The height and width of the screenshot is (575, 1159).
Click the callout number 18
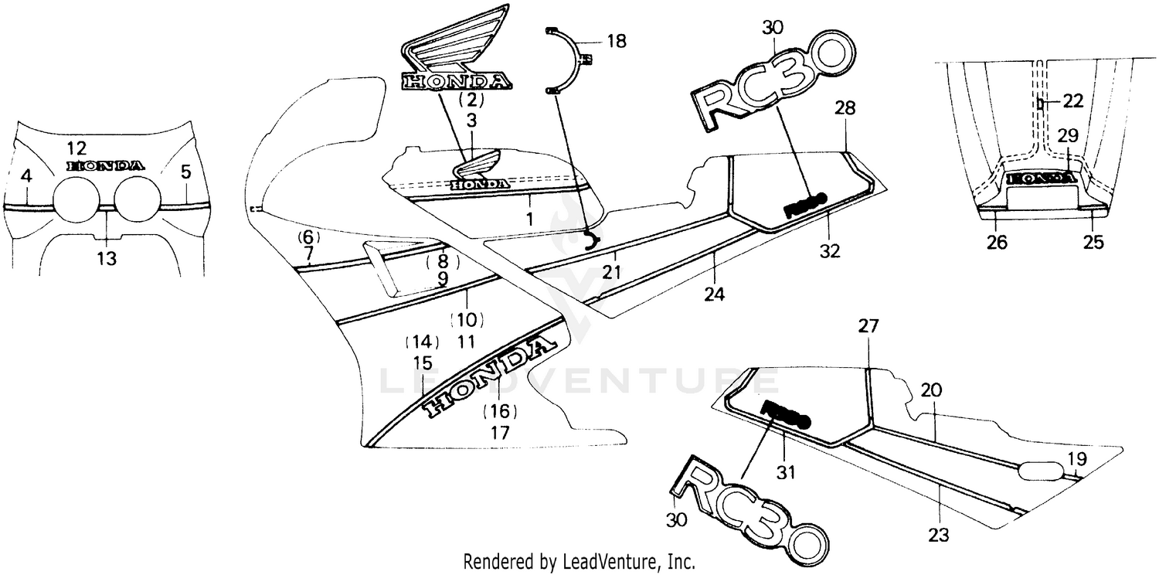[617, 42]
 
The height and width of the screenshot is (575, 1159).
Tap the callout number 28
[845, 109]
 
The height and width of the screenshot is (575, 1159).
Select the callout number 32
[831, 250]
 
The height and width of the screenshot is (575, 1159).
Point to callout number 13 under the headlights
[107, 259]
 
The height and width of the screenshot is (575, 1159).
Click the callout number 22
[1072, 100]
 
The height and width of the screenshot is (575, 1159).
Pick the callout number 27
[869, 326]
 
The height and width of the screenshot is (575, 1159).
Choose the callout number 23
[940, 534]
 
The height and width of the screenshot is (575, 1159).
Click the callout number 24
[714, 294]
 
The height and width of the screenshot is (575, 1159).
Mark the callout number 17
[500, 433]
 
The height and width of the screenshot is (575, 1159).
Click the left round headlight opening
[75, 198]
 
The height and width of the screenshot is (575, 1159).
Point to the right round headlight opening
[137, 198]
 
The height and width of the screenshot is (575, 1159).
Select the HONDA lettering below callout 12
[105, 165]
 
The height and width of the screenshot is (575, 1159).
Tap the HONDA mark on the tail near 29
[1042, 178]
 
